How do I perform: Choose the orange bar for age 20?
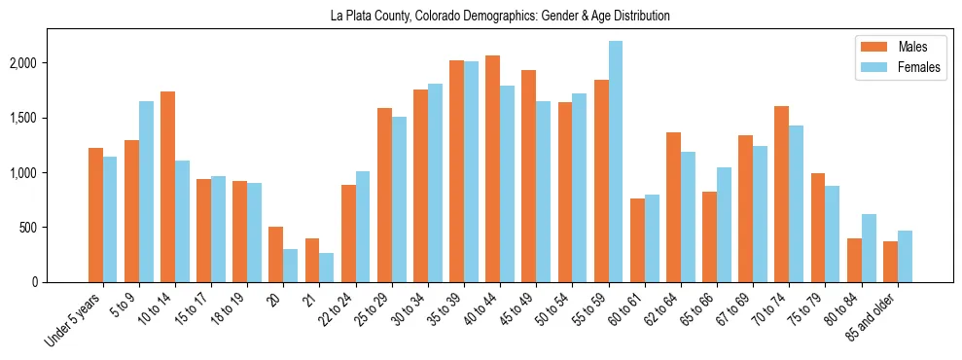pos(276,254)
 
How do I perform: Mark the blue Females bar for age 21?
pos(327,268)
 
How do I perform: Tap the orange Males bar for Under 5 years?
pos(95,215)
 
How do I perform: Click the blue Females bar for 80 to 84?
pos(869,248)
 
